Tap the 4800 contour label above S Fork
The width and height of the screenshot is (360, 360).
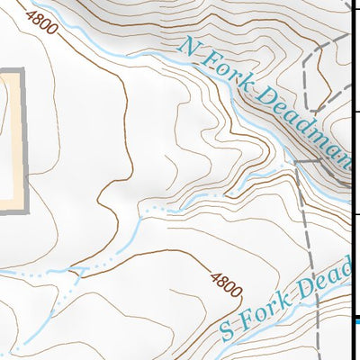coord(226,283)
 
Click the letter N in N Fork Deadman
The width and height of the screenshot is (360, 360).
coord(186,44)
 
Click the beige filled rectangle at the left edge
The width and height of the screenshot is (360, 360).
coord(8,135)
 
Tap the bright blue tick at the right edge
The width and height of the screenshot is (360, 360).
coord(355,319)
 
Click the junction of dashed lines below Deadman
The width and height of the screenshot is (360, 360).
coord(298,162)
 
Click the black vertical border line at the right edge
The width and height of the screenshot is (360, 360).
coord(349,180)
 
